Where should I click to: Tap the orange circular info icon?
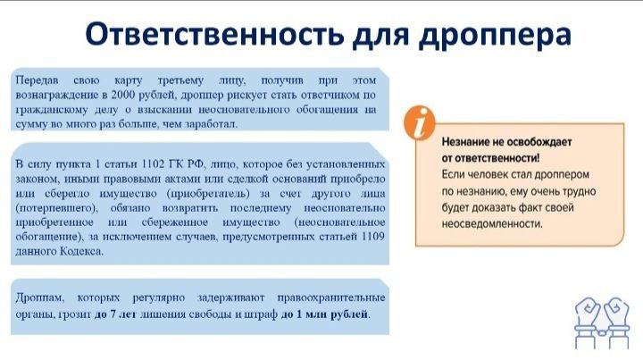point(419,121)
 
